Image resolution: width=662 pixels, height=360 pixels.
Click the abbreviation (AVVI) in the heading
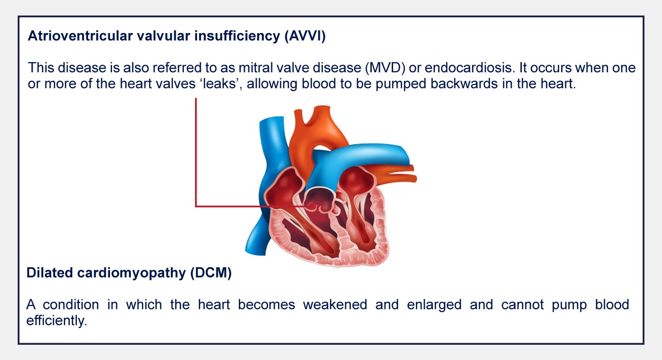coord(305,36)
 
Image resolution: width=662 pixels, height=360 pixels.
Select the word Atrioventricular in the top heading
coord(80,36)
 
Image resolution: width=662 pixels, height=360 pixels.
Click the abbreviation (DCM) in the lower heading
coord(211,273)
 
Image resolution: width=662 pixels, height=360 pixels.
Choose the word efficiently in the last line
coord(57,321)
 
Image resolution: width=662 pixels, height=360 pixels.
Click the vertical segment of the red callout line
coord(196,152)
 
